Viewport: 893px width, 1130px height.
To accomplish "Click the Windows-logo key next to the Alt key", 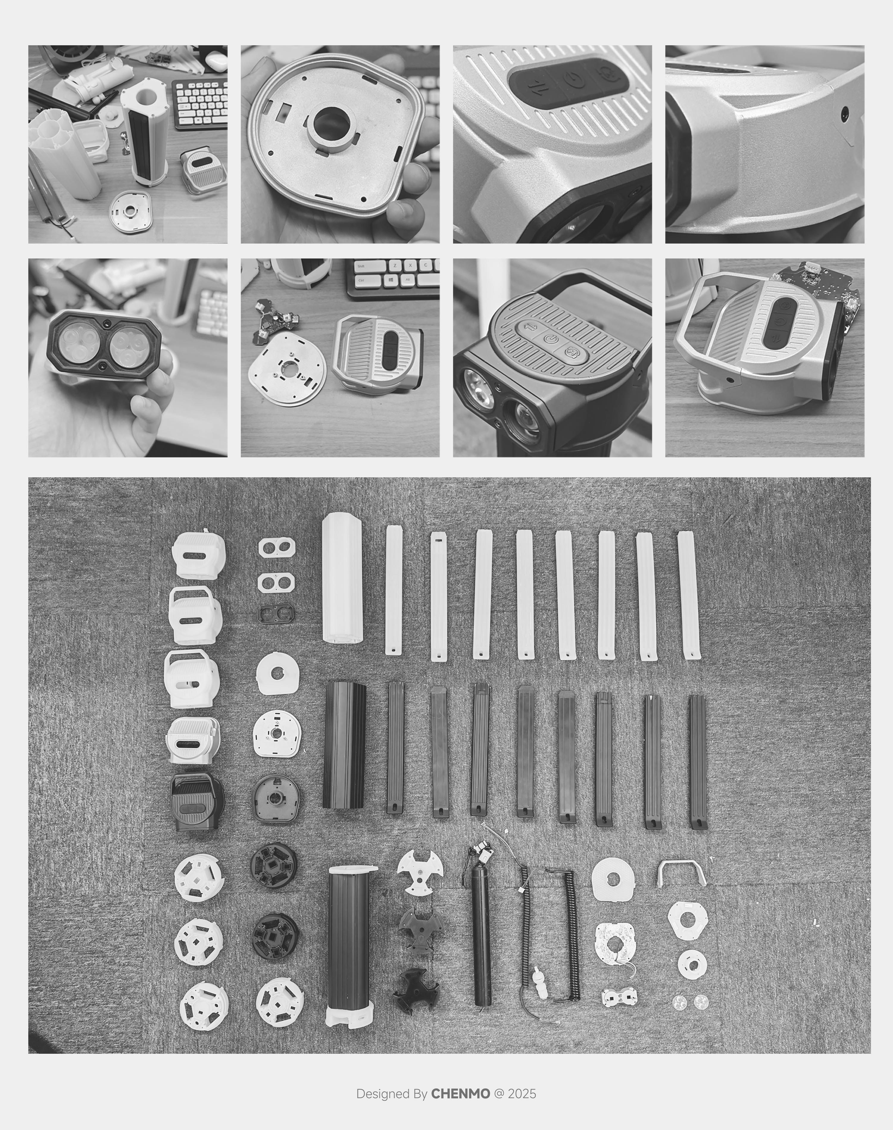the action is (391, 280).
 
